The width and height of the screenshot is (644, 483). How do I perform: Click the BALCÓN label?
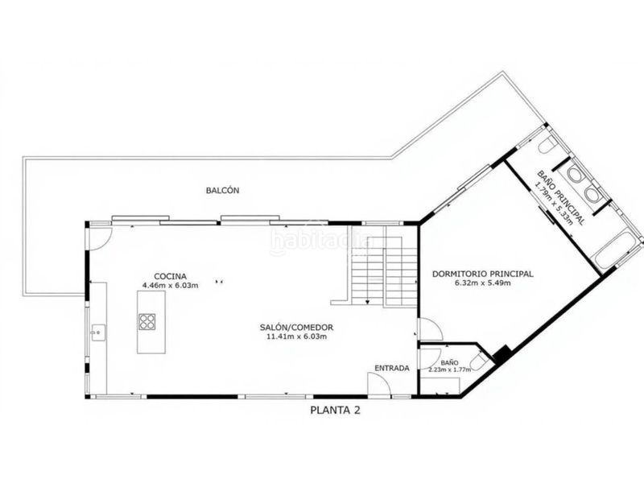(222, 191)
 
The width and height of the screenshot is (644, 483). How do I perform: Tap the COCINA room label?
(170, 276)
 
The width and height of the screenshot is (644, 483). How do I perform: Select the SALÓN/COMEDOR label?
(296, 328)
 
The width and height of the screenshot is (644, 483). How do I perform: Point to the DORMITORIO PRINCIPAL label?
(482, 274)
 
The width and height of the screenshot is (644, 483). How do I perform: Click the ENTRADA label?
(392, 368)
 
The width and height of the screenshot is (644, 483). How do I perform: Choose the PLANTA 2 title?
(335, 410)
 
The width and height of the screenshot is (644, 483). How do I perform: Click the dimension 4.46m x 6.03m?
(170, 285)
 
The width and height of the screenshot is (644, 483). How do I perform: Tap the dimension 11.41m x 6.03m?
(296, 336)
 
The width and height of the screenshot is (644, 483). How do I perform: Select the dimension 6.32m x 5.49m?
(482, 283)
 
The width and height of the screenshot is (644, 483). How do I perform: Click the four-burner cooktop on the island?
(147, 321)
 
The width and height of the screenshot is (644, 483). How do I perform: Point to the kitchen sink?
(98, 332)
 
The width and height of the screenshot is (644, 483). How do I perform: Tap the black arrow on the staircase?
(368, 302)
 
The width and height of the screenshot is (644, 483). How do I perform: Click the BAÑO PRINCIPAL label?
(561, 197)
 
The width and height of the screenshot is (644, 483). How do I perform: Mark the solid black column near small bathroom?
(502, 354)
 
